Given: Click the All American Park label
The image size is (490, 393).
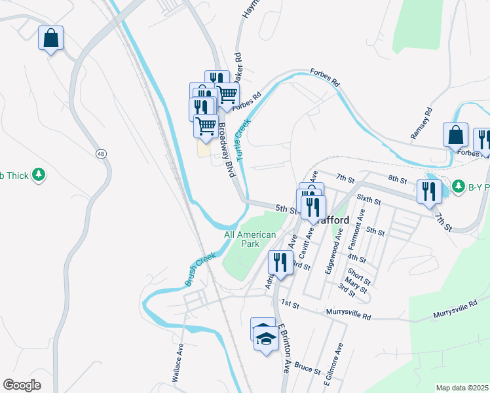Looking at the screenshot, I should click(x=250, y=239).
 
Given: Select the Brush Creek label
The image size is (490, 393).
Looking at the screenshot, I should click(x=200, y=269).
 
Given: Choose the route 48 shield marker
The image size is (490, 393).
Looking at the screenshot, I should click(x=100, y=154).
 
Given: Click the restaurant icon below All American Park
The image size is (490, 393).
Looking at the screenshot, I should click(x=280, y=263).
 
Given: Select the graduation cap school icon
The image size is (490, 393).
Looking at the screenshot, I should click(x=265, y=339).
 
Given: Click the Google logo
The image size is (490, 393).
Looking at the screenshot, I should click(x=22, y=385).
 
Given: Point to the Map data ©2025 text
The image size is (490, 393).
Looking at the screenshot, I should click(x=462, y=388).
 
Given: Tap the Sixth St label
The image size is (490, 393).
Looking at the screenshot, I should click(x=369, y=199).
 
